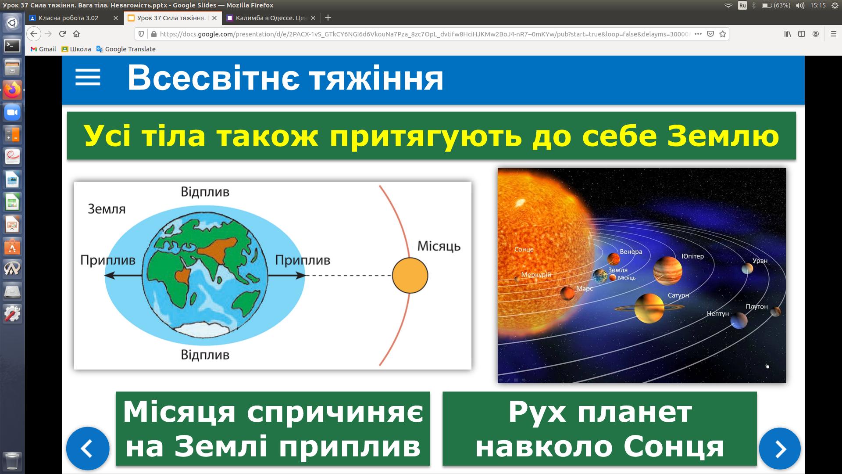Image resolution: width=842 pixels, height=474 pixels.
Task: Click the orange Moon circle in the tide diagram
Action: tap(410, 276)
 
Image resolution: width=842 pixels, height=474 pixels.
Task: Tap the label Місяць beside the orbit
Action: tap(439, 246)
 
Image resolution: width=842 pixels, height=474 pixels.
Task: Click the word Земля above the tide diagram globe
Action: tap(107, 209)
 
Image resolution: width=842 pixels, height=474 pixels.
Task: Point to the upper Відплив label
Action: tap(205, 192)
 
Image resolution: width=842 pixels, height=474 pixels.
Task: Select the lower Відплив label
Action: tap(205, 355)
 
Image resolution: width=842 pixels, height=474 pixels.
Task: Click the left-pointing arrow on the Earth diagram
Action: tap(124, 276)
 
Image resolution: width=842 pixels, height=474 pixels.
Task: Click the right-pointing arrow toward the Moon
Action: tap(286, 276)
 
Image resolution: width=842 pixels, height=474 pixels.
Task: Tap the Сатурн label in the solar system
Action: tap(678, 295)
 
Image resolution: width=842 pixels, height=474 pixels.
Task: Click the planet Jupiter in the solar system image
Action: tap(667, 270)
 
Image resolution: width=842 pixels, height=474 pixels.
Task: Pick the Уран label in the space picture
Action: tap(760, 261)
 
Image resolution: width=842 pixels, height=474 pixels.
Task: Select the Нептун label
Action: tap(718, 314)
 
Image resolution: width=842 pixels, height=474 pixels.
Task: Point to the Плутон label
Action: tap(757, 307)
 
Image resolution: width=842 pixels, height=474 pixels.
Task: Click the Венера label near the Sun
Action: tap(631, 252)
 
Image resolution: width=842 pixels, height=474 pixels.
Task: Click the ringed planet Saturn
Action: tap(649, 308)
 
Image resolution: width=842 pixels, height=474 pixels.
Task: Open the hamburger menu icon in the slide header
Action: tap(88, 77)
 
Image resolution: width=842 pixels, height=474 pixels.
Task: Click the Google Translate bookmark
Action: tap(126, 49)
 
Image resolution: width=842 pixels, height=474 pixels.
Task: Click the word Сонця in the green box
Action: tap(674, 447)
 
